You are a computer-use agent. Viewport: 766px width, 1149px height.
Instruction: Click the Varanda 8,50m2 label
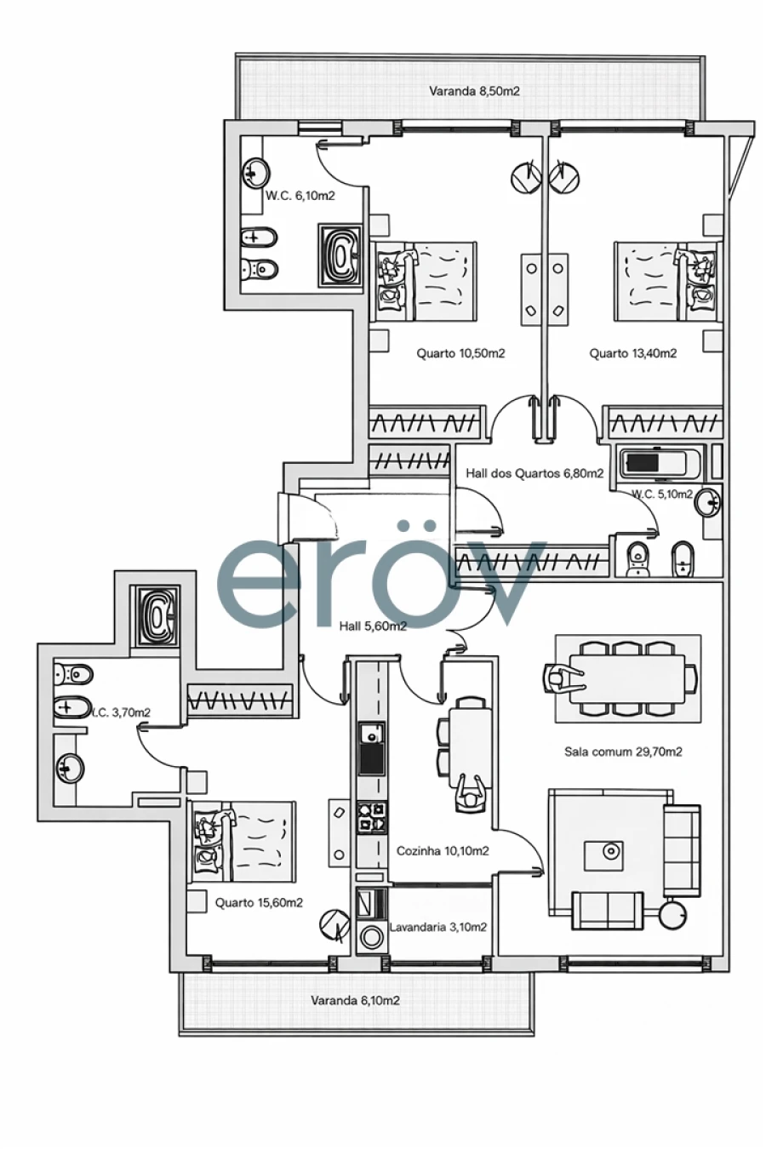(474, 91)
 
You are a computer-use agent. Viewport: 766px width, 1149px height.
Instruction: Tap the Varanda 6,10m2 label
(355, 1000)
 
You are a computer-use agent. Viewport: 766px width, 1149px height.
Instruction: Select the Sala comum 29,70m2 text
(623, 752)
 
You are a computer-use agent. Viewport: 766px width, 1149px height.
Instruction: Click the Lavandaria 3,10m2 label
(437, 928)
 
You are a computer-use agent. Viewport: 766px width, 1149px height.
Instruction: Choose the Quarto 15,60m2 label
(259, 903)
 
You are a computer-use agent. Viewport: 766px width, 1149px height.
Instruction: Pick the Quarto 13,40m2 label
(633, 353)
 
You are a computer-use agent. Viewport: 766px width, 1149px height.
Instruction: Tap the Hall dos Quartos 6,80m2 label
(535, 473)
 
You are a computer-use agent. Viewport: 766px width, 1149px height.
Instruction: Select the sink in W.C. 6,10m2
(253, 174)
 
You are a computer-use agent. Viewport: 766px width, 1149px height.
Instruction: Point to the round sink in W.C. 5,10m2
(708, 502)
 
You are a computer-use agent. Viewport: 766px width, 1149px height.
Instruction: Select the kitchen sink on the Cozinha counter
(371, 734)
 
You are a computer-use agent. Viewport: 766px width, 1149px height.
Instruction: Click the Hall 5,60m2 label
(372, 626)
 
